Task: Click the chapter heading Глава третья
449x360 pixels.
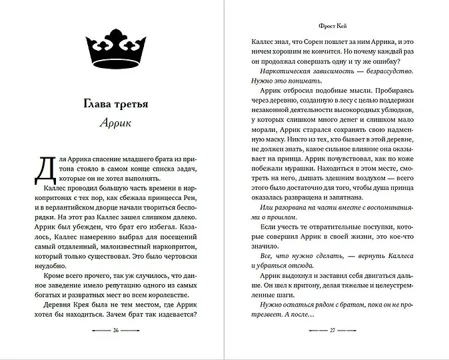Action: tap(117, 105)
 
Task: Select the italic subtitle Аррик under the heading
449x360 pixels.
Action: tap(117, 123)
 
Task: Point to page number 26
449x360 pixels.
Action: tap(117, 330)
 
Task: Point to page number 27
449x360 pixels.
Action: tap(333, 330)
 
